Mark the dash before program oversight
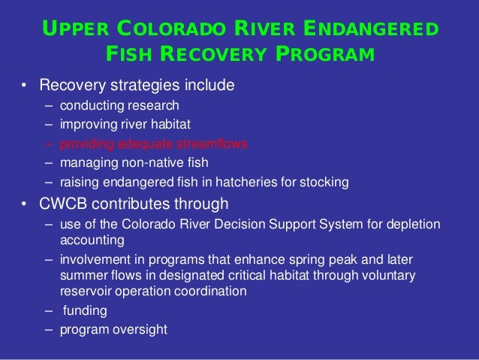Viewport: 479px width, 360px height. [48, 328]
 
